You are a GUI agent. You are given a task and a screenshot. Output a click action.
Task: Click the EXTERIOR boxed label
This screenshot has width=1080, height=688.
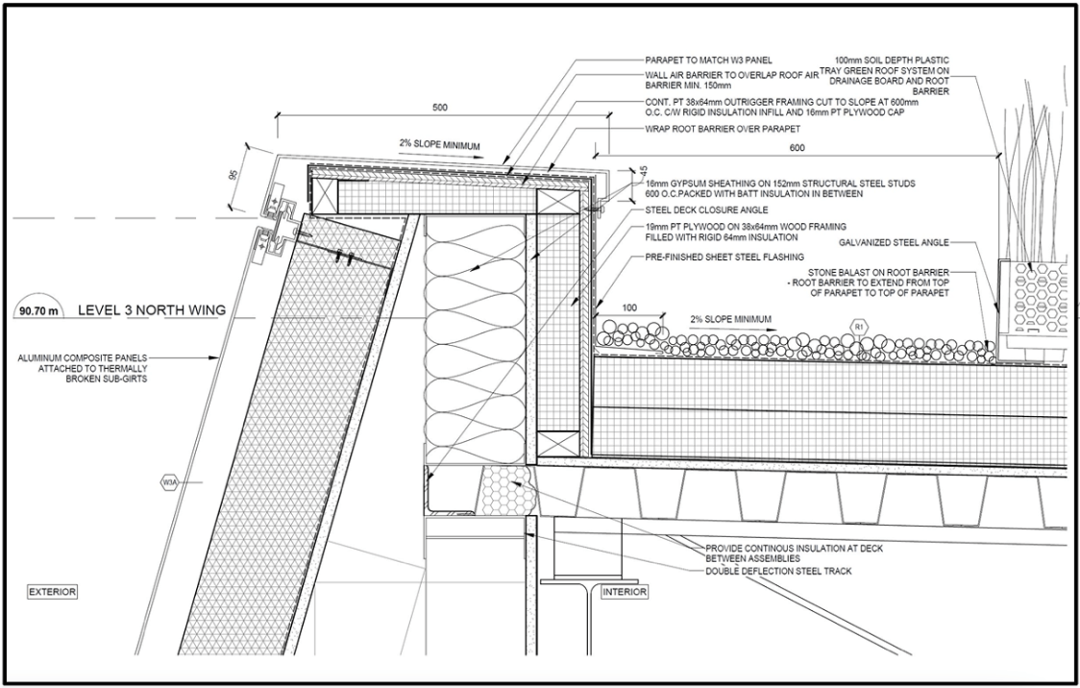(x=52, y=592)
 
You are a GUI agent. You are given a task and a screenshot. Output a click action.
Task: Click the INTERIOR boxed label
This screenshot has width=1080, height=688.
(x=625, y=592)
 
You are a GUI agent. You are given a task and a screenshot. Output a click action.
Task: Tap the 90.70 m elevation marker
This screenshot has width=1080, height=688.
(x=38, y=309)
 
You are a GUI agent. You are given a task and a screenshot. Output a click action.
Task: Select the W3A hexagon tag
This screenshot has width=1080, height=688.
(x=169, y=482)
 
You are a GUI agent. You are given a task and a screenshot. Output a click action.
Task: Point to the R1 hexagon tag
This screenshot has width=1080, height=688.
(x=858, y=327)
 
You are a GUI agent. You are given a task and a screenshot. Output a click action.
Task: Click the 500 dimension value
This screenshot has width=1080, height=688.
(x=439, y=108)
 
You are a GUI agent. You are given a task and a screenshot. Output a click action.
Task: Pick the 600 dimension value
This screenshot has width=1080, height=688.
(x=797, y=147)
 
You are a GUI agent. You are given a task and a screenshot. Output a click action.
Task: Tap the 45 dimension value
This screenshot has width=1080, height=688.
(x=644, y=171)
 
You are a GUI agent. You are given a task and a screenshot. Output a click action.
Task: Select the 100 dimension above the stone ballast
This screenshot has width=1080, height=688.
(x=628, y=307)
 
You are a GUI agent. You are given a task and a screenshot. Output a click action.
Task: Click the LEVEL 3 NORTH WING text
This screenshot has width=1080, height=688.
(x=152, y=310)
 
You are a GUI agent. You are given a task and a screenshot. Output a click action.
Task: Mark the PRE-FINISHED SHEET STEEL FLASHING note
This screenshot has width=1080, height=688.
(x=724, y=257)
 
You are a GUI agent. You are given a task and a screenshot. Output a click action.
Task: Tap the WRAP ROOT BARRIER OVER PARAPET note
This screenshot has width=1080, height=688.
(x=723, y=129)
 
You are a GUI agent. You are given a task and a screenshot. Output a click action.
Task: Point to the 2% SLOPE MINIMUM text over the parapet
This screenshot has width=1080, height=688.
(x=439, y=145)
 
